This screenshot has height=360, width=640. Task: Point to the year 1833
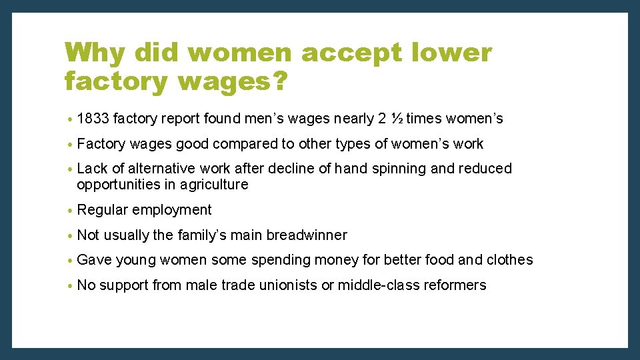point(93,119)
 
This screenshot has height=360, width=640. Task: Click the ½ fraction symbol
point(396,119)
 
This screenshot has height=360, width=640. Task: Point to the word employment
point(172,210)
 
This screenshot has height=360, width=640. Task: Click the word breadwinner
point(307,235)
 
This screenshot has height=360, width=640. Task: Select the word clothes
point(509,260)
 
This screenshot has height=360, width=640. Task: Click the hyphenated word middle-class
point(375,285)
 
